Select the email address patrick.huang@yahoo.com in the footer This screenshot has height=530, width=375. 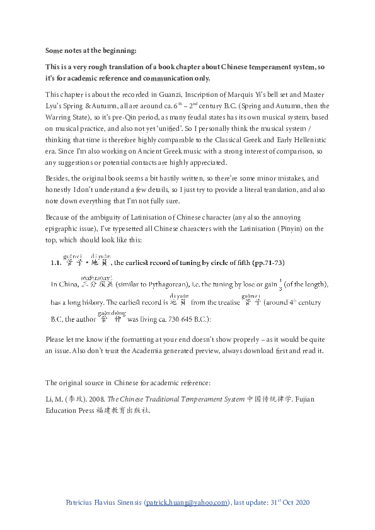coord(187,503)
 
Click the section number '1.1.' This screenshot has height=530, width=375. coord(55,262)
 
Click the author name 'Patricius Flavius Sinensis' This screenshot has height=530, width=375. coord(103,503)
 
